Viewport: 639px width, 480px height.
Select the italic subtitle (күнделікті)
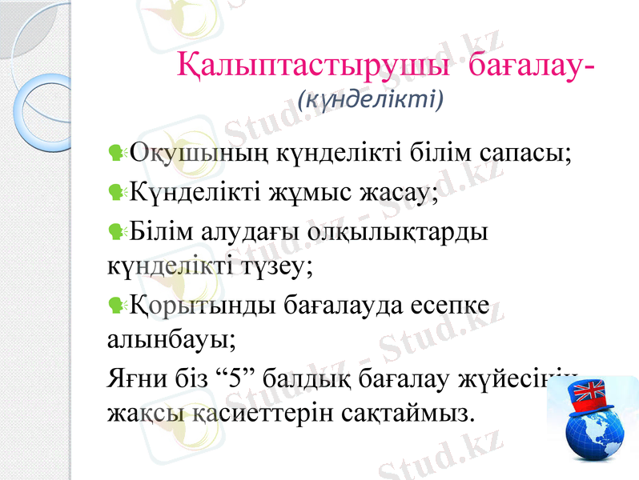[369, 100]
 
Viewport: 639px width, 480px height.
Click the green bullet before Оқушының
[117, 152]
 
